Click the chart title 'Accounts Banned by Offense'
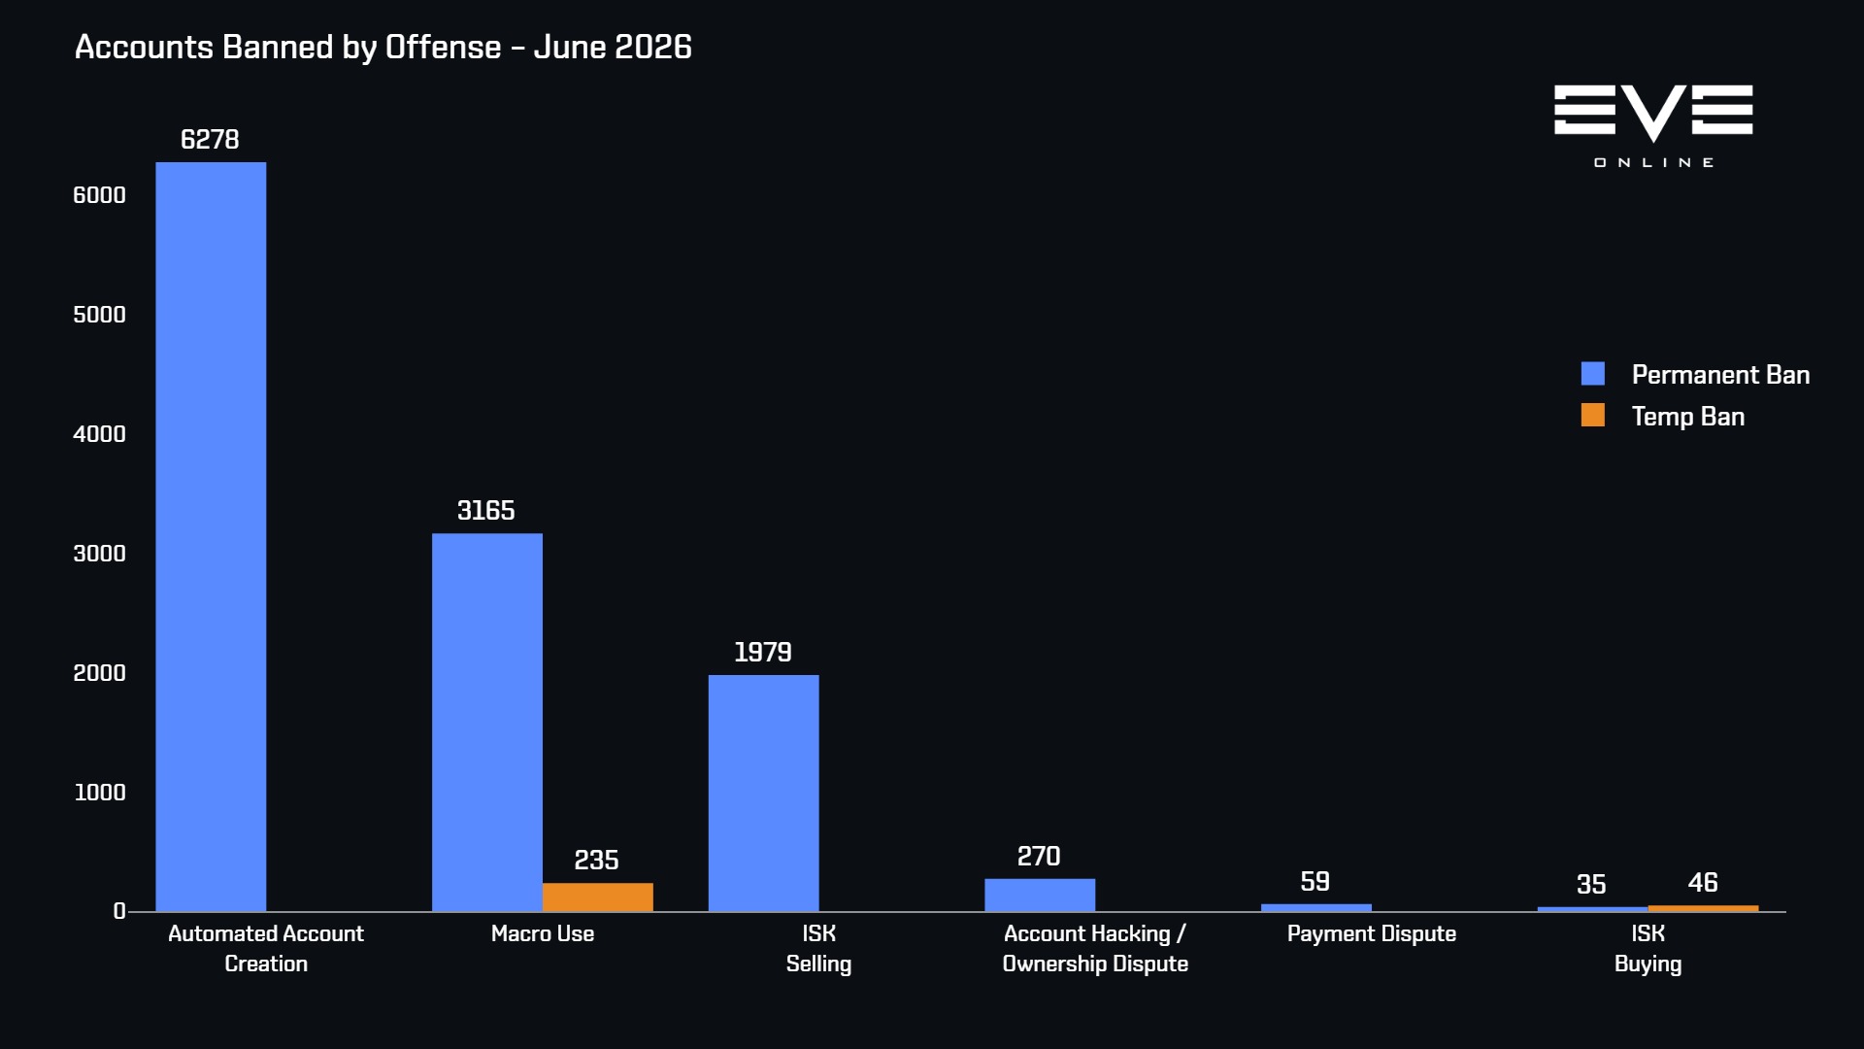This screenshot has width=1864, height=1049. (288, 48)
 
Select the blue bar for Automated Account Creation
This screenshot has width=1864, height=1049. (211, 536)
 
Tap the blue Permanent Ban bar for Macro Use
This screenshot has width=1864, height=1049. (487, 722)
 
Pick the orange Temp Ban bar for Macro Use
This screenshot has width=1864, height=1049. (598, 897)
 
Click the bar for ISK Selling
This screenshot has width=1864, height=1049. (763, 793)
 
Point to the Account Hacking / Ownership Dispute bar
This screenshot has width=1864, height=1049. (1040, 895)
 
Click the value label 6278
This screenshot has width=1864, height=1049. (210, 140)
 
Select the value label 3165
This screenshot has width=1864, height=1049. (486, 511)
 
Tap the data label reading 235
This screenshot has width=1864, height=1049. (596, 861)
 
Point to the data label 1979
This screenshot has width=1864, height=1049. (763, 653)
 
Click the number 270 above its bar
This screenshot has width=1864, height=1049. (1039, 857)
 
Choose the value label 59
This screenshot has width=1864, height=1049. (1315, 882)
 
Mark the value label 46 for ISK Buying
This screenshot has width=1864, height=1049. (1703, 883)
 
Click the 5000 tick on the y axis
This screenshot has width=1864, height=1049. (100, 315)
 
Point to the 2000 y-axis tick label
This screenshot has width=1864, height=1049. (100, 673)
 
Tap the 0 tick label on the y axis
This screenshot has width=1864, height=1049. (119, 911)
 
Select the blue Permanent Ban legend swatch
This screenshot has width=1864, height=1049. (1593, 374)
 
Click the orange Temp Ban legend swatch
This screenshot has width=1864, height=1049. (1593, 416)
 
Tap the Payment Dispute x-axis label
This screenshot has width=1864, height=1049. (1372, 934)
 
